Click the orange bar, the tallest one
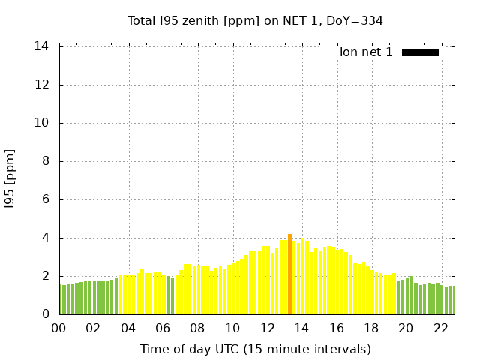(289, 274)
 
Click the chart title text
(255, 21)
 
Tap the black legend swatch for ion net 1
(420, 52)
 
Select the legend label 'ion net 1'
(366, 52)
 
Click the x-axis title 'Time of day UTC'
(255, 349)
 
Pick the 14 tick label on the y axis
(42, 46)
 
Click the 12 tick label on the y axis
(42, 85)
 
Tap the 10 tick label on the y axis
(42, 123)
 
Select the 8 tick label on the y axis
(45, 161)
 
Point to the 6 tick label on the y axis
(45, 199)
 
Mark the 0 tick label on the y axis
(45, 314)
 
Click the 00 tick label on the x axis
(59, 328)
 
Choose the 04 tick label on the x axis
(128, 328)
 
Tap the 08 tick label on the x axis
(197, 328)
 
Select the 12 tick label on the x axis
(267, 328)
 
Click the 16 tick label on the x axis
(336, 328)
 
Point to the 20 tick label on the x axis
(406, 328)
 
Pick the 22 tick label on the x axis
(440, 328)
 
